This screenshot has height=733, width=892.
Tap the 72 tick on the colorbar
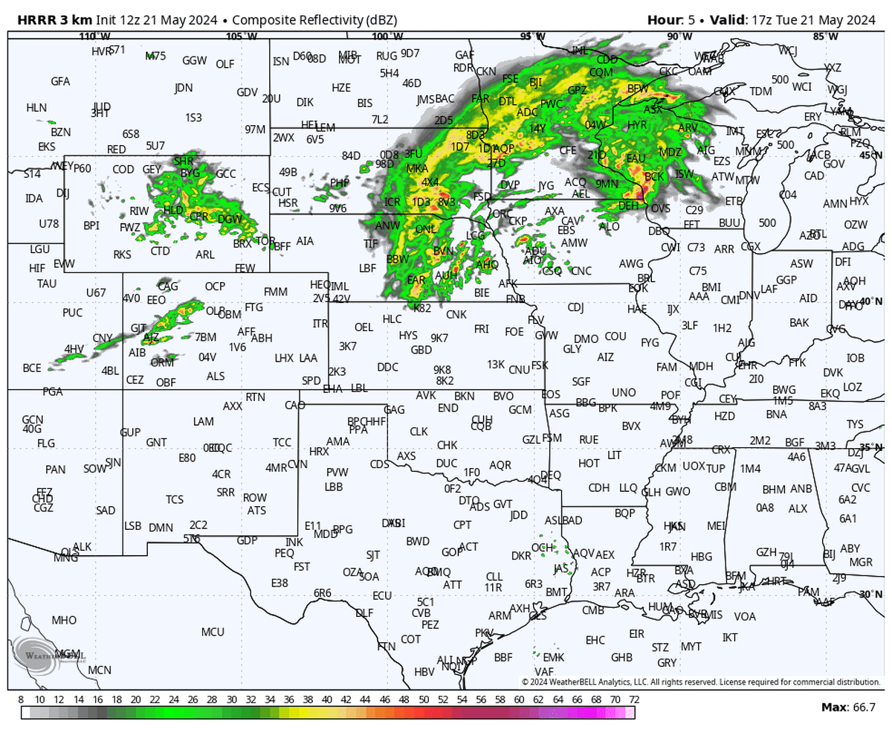pos(633,700)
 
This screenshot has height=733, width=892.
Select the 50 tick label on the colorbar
pos(423,700)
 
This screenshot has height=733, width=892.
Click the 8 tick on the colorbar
pos(21,700)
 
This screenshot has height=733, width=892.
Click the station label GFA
pos(60,81)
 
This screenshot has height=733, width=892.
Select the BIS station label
pos(365,103)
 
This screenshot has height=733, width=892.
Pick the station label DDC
pos(387,367)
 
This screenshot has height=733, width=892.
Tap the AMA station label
pos(338,441)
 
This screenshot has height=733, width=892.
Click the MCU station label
pos(213,632)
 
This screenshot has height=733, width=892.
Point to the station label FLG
pos(46,444)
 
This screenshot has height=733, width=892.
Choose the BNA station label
pos(776,414)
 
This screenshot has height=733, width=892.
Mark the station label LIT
pos(614,454)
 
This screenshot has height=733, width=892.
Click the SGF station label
pos(581,382)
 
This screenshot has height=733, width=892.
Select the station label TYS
pos(855,424)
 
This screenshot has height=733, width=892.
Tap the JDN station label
pos(183,88)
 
